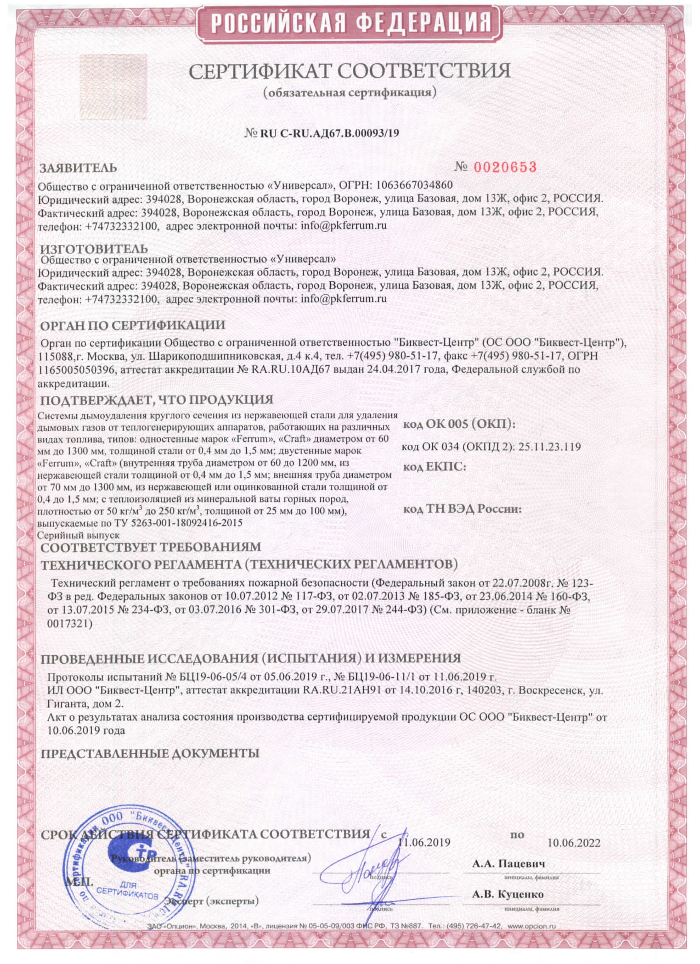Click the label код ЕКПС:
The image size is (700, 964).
[x=434, y=468]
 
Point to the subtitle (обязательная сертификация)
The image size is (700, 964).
[x=349, y=92]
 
